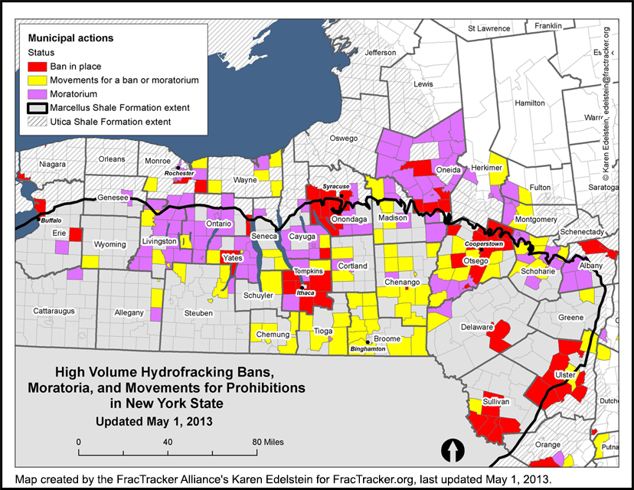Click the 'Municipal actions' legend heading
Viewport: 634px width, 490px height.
70,38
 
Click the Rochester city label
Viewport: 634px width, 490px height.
180,174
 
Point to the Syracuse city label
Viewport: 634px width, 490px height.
335,186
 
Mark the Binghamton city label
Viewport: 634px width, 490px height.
367,348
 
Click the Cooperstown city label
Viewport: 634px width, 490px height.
484,243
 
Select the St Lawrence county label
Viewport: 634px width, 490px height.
489,28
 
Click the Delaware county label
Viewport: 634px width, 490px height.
476,327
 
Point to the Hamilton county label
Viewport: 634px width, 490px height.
529,103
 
